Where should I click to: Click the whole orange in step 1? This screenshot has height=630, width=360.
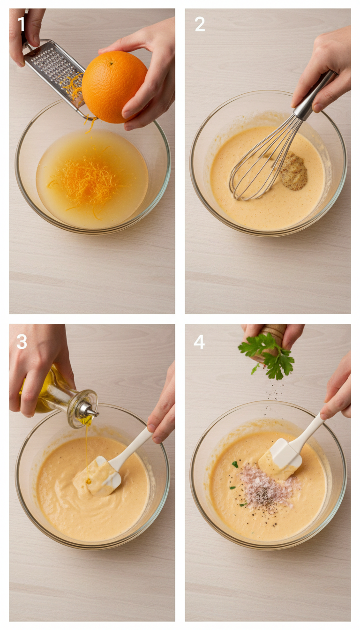[x=114, y=86]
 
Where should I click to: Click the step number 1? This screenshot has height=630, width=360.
[x=21, y=24]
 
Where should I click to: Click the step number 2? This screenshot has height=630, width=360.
[x=200, y=24]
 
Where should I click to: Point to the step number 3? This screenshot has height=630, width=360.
[x=22, y=342]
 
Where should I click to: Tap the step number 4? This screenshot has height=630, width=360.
[x=199, y=342]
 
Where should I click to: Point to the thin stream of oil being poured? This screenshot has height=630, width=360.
[x=87, y=450]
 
